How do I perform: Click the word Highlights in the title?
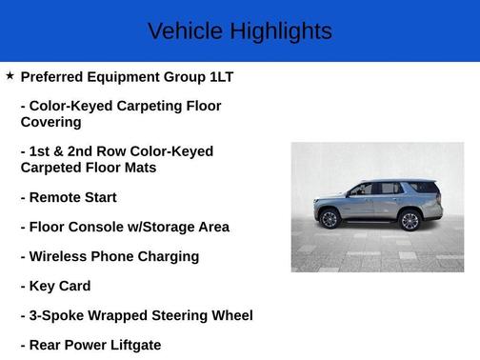[281, 31]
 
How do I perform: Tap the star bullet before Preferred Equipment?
[10, 75]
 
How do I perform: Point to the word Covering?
[50, 122]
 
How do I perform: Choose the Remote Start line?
[69, 197]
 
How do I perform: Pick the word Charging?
[167, 256]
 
